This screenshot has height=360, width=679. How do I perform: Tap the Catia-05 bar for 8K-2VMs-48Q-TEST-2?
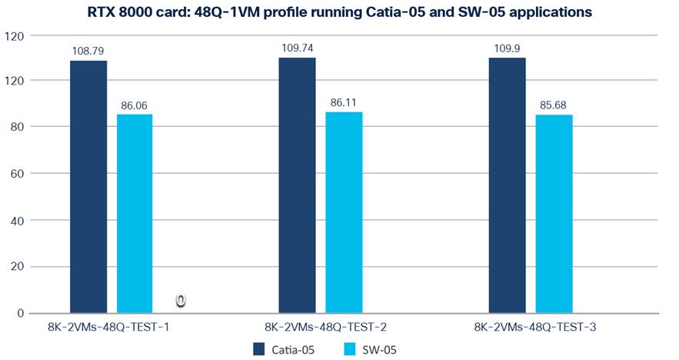[x=297, y=185]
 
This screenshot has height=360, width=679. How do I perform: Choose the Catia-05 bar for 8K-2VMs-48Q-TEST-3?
[x=507, y=185]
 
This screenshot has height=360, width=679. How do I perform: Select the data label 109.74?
[x=298, y=48]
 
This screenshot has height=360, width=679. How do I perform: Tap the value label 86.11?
[x=344, y=102]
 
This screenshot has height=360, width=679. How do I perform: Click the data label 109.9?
[x=507, y=48]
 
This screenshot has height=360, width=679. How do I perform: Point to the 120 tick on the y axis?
[x=14, y=35]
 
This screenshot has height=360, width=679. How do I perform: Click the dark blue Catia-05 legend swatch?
[x=259, y=349]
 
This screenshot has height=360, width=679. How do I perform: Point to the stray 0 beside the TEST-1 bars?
[x=180, y=301]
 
